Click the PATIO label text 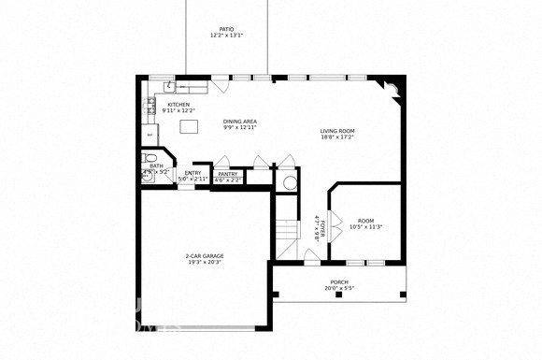[226, 30]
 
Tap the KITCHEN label [178, 105]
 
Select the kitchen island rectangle [190, 126]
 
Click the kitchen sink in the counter [169, 88]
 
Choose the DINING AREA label [239, 122]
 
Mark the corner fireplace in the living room [389, 89]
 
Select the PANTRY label [227, 174]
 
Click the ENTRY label [193, 173]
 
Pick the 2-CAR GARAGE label [204, 255]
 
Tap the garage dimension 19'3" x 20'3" [204, 263]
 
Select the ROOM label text [365, 221]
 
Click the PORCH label [339, 281]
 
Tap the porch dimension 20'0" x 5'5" [339, 289]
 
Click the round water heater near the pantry [288, 181]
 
